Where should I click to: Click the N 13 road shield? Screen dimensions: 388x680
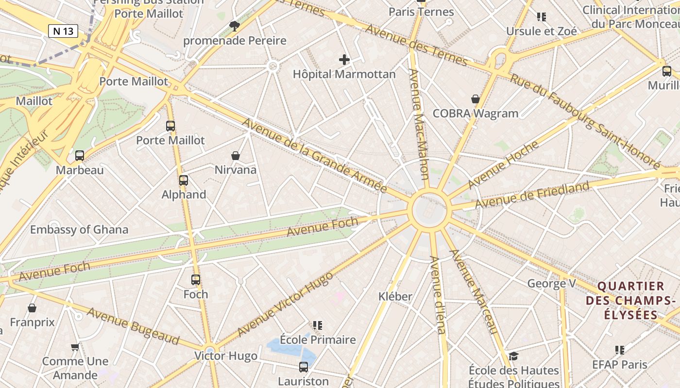point(63,32)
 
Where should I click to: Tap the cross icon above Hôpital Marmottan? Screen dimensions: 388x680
point(344,60)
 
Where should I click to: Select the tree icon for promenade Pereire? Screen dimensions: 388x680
point(235,26)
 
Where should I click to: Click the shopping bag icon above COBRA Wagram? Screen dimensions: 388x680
point(476,99)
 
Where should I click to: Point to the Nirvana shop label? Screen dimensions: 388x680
point(236,170)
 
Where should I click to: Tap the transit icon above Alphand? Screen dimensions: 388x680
point(184,180)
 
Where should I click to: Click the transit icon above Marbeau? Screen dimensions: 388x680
point(80,156)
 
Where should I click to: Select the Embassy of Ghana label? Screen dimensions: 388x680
point(79,229)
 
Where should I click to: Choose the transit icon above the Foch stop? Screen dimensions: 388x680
point(196,280)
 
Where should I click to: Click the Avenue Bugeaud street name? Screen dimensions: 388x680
point(133,325)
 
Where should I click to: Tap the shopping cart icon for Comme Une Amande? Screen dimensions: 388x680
point(75,347)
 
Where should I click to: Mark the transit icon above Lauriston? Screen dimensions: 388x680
point(304,367)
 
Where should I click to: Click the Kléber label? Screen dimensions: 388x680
point(395,296)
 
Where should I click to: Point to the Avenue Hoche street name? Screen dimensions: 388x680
point(503,164)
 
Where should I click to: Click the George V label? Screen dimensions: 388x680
point(547,283)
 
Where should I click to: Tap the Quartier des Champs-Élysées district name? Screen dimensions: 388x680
point(631,300)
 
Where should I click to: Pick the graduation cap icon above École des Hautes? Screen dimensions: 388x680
point(513,356)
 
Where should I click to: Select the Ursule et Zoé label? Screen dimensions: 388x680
point(542,31)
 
